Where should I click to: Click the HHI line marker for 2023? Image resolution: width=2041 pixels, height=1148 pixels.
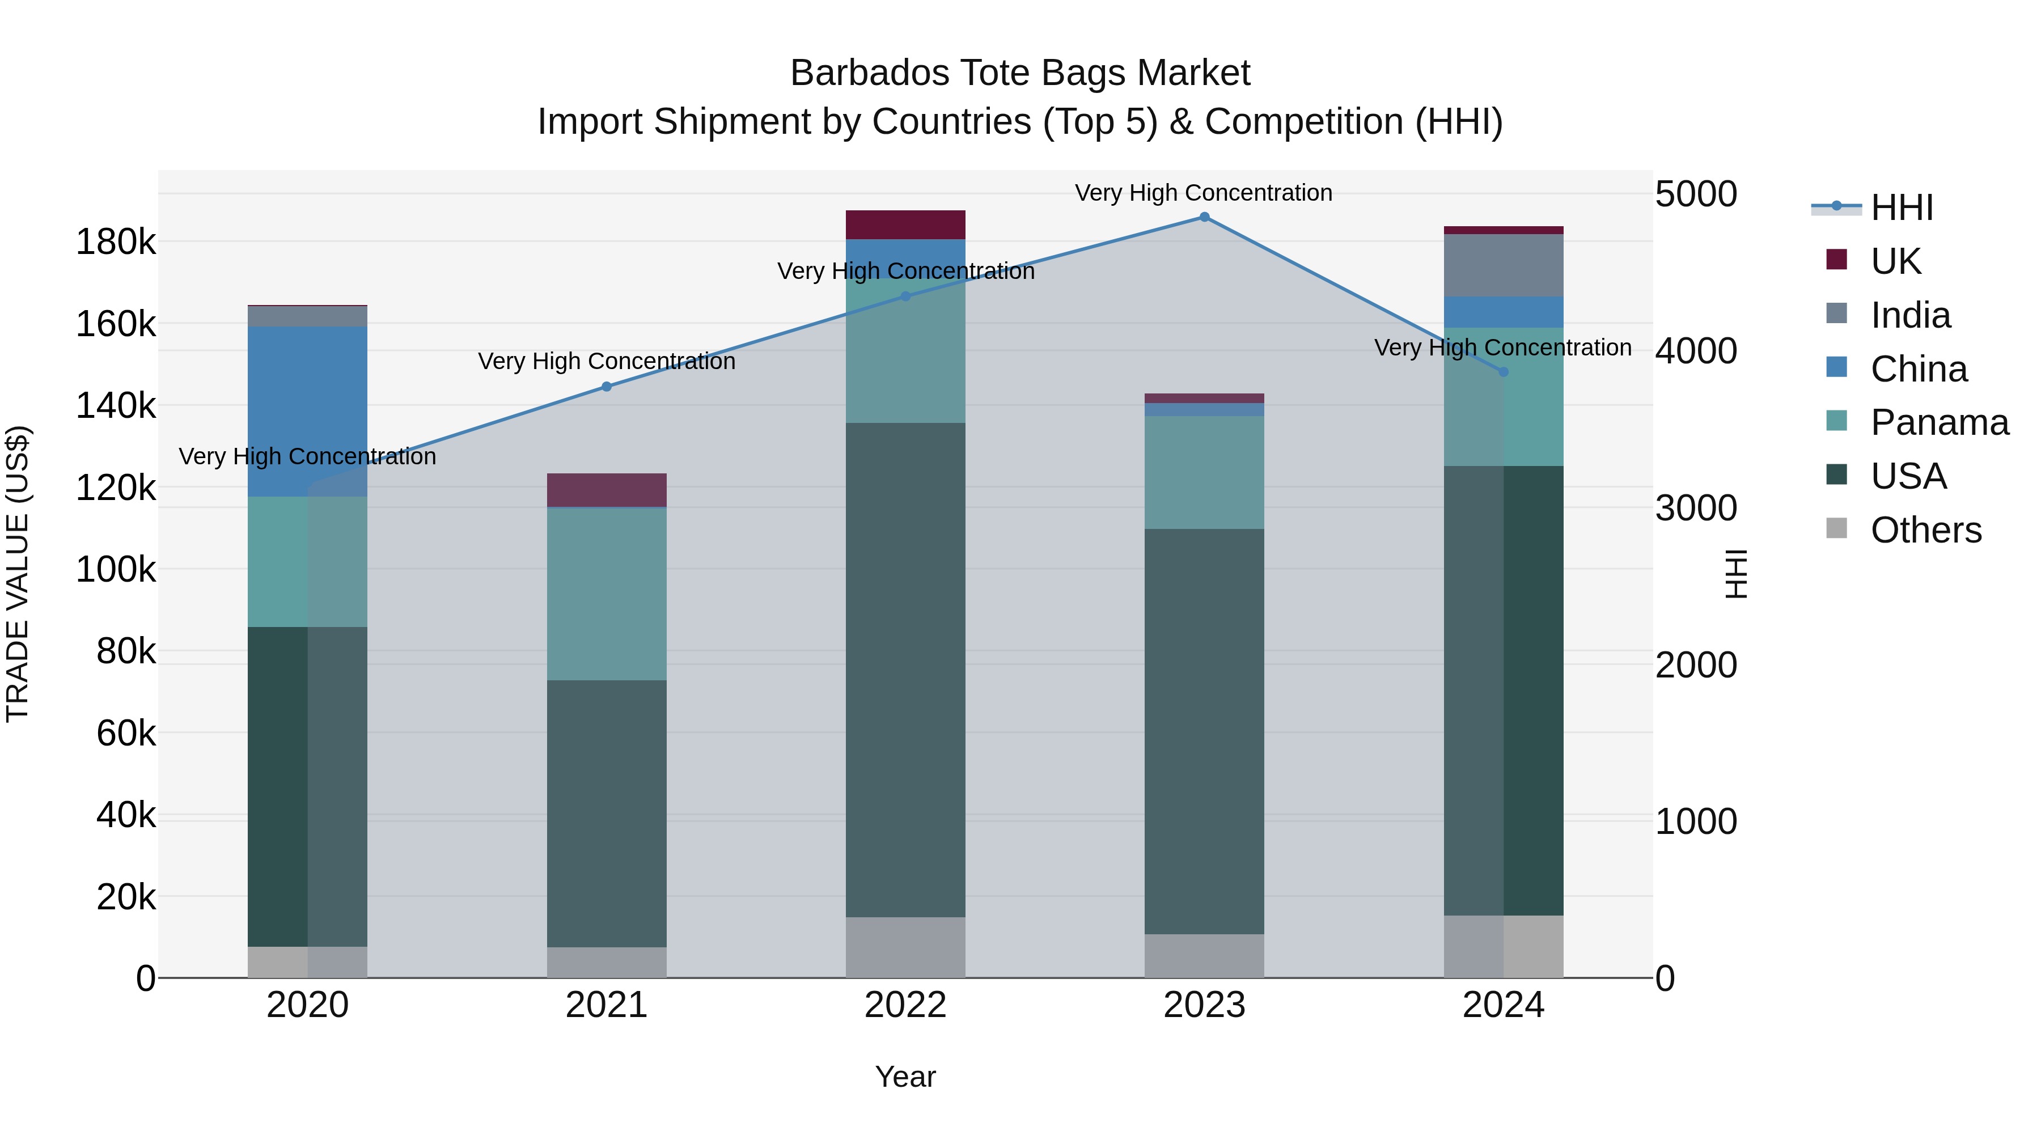coord(1204,217)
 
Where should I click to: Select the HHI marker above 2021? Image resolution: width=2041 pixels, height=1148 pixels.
coord(607,387)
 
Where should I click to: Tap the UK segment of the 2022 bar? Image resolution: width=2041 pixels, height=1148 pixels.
coord(905,225)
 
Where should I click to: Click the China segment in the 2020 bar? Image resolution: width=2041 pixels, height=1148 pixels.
coord(307,411)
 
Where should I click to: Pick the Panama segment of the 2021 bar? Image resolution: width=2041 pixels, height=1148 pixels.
coord(607,594)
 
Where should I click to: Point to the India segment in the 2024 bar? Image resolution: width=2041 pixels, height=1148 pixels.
coord(1503,265)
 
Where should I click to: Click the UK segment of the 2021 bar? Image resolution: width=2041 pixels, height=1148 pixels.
coord(607,490)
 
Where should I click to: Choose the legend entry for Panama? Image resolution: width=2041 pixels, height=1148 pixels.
coord(1939,422)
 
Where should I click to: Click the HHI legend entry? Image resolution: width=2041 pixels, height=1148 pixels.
coord(1902,207)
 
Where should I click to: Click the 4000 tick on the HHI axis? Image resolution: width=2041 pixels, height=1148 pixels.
coord(1696,351)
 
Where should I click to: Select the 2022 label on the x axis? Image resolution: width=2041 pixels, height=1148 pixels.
coord(905,1005)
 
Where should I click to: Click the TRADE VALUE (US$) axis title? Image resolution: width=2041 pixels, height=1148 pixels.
coord(18,574)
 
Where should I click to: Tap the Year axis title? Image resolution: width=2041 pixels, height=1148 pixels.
coord(905,1077)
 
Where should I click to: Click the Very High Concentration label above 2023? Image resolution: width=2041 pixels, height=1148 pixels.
coord(1204,193)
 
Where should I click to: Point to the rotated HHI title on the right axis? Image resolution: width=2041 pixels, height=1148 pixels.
coord(1735,574)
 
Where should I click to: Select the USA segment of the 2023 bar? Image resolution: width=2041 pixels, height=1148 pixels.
coord(1204,731)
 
